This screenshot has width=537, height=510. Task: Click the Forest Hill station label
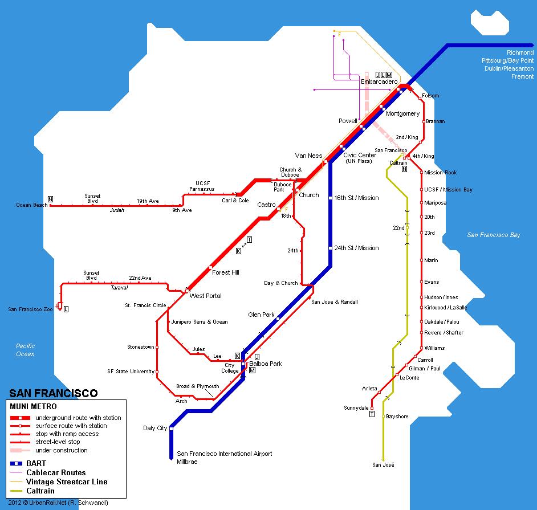[225, 272]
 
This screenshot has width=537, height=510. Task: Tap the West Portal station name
[205, 296]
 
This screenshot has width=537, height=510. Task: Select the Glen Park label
[261, 315]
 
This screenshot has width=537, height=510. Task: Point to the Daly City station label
[155, 428]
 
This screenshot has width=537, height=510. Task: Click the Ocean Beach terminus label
[32, 205]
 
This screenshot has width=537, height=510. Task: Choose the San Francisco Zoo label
[30, 309]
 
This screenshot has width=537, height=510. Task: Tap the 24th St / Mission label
[356, 248]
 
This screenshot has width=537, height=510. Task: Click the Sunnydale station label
[356, 407]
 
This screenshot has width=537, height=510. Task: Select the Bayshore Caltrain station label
[397, 416]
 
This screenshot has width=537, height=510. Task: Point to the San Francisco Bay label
[494, 235]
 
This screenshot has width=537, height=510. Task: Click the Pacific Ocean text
[25, 350]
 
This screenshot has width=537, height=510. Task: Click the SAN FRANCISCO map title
[54, 393]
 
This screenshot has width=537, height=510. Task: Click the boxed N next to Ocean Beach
[50, 199]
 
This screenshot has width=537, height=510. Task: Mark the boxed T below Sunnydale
[372, 414]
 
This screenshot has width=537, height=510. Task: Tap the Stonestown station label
[141, 346]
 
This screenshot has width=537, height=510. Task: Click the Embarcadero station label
[379, 81]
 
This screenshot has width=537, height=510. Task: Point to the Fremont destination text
[522, 76]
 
